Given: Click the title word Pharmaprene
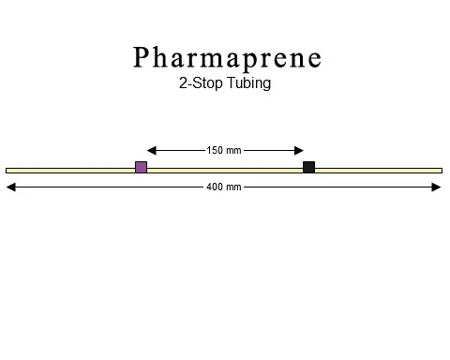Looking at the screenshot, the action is [x=228, y=58].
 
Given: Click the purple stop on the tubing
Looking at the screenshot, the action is [x=141, y=168].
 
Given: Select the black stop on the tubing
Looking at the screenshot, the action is [x=308, y=168].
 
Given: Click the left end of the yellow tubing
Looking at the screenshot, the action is [x=8, y=170].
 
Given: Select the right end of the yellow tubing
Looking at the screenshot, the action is [x=440, y=170].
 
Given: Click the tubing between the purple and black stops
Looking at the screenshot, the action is [x=225, y=170].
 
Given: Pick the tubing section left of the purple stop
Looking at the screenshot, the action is [x=70, y=170].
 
